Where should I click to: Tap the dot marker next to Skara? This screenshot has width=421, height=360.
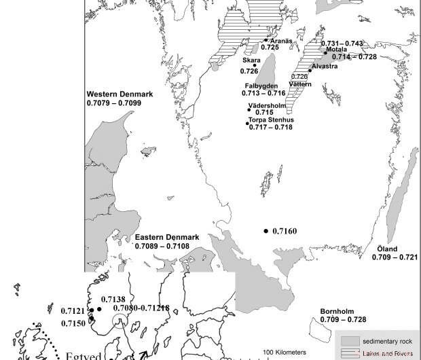click(255, 66)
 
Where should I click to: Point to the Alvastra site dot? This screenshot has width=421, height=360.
click(310, 69)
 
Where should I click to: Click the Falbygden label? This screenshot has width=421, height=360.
click(261, 86)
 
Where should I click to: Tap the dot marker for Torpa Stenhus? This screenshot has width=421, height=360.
click(248, 123)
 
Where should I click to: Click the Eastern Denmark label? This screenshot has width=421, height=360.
click(166, 237)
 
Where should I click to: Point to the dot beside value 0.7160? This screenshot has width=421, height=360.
click(266, 232)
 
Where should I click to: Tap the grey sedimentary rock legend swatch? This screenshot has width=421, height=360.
click(349, 340)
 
